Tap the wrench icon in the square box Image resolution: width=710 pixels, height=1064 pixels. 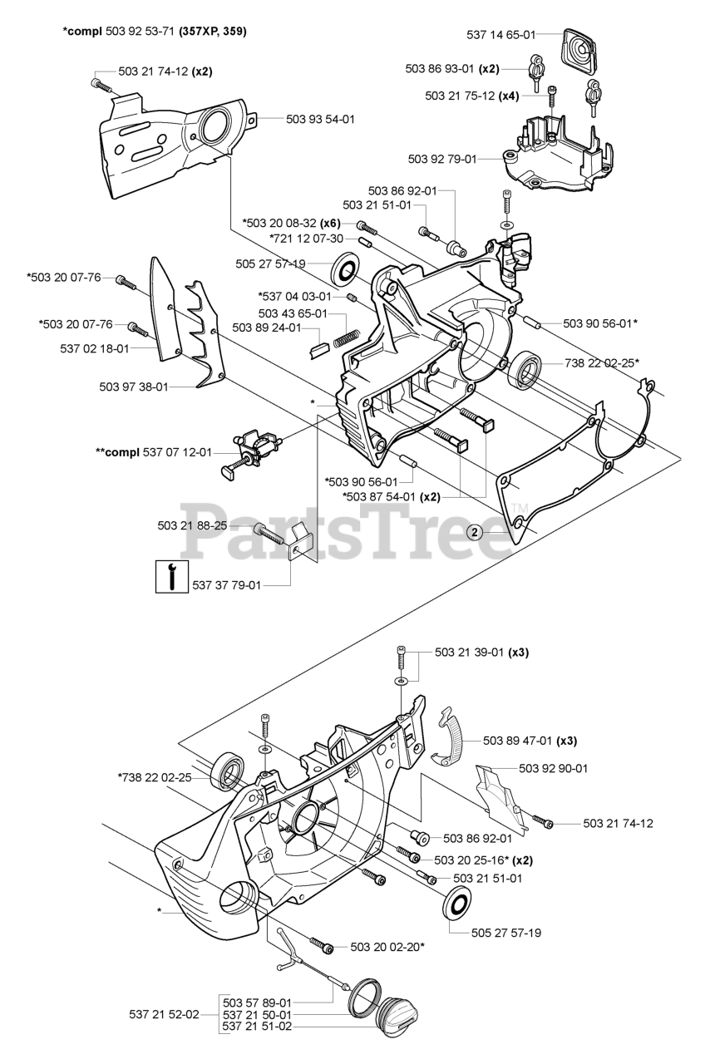[x=171, y=576]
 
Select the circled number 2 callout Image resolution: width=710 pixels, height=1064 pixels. [x=475, y=533]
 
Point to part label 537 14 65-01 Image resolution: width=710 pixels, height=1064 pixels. [x=497, y=34]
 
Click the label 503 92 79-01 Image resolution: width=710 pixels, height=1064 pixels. [x=442, y=158]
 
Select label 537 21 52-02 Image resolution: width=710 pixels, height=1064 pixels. [x=164, y=1014]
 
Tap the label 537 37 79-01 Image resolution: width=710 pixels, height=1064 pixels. [x=226, y=585]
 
